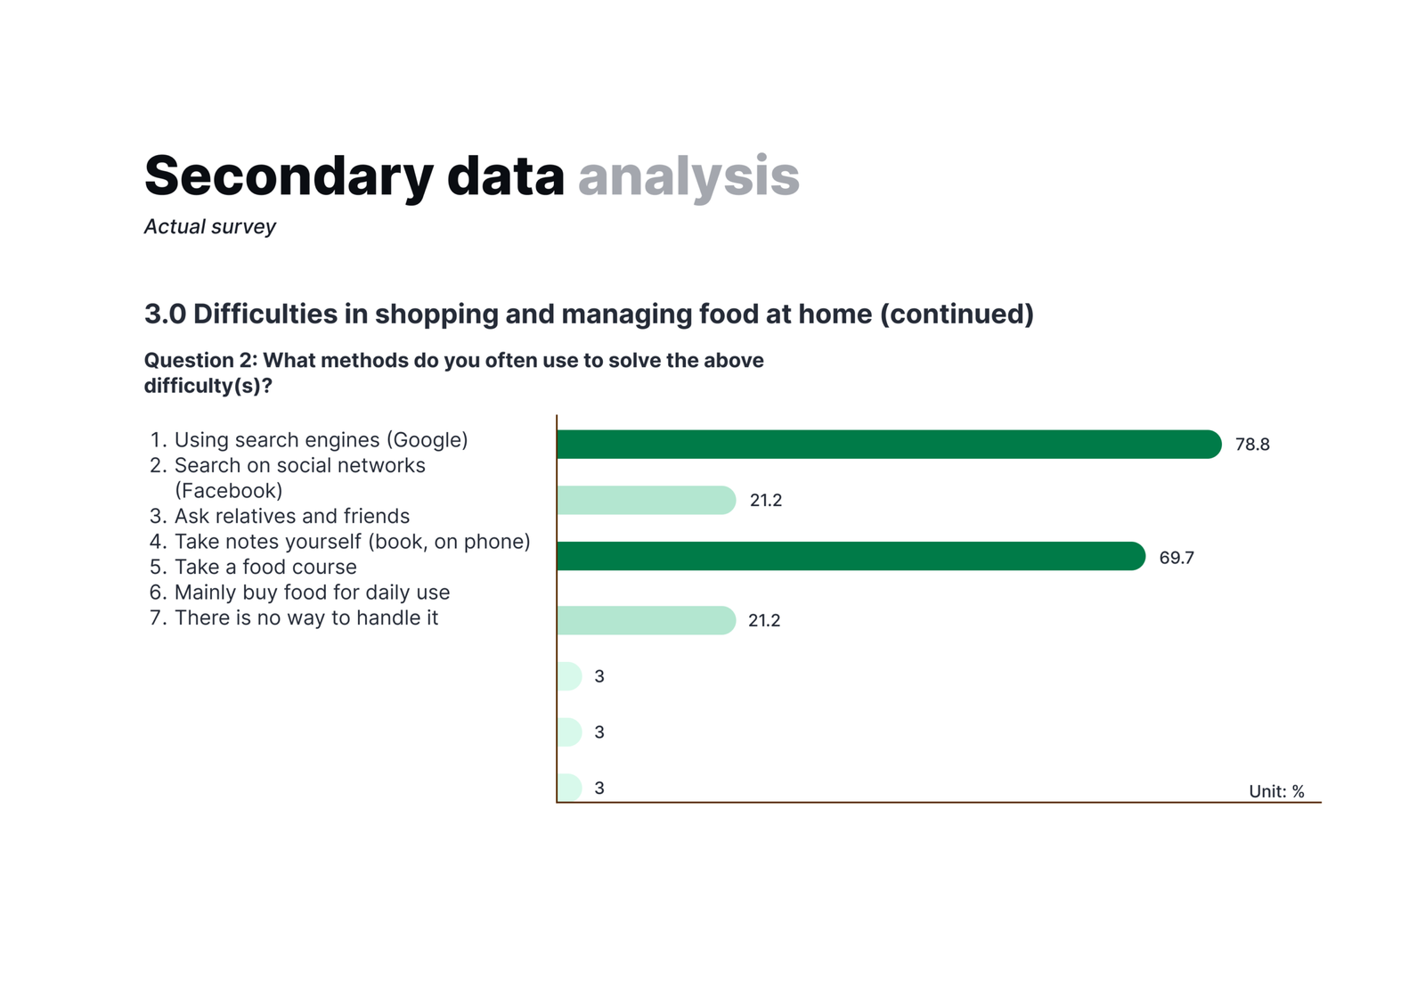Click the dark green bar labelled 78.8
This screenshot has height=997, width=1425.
(889, 444)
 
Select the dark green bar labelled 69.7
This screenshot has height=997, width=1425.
(851, 556)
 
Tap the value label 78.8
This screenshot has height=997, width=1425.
(1252, 444)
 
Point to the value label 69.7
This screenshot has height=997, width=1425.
(1177, 558)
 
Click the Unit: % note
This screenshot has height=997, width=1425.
(1276, 791)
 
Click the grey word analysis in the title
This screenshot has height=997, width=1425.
(688, 176)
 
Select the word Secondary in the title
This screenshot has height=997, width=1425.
(289, 176)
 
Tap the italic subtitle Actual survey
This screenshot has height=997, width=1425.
(210, 227)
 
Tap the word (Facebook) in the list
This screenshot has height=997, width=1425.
(228, 491)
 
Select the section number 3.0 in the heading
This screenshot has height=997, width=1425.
(166, 314)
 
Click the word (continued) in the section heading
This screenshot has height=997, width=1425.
(957, 315)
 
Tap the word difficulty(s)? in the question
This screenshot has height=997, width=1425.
(208, 386)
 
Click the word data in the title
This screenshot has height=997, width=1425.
(506, 176)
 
